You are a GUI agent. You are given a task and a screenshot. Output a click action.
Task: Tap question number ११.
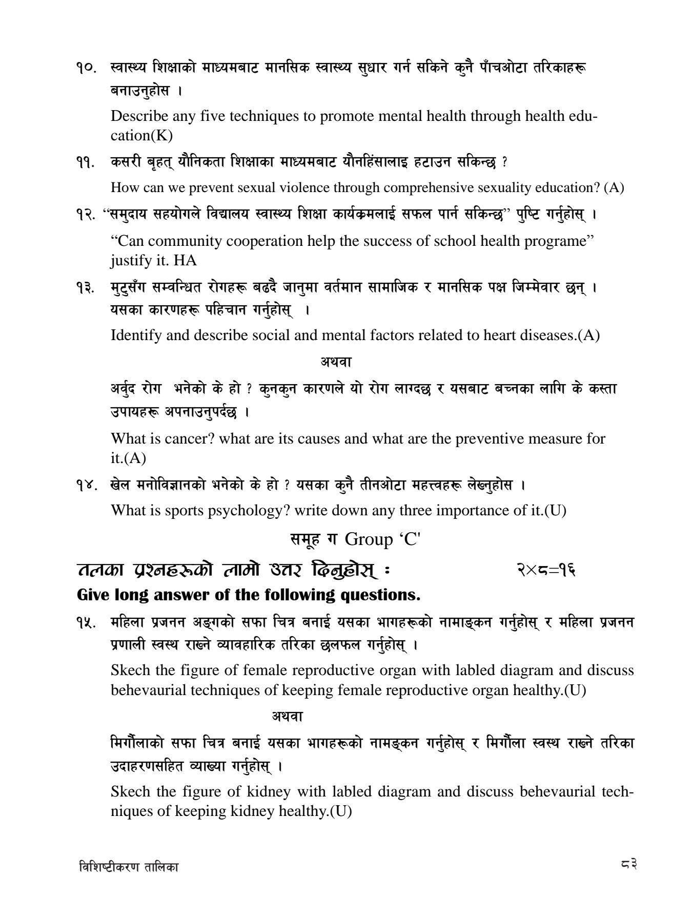point(85,162)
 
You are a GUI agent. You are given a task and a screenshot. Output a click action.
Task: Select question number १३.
point(86,287)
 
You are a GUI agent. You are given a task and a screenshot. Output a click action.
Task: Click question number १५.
point(86,623)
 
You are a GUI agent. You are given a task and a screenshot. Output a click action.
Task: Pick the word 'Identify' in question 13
point(135,336)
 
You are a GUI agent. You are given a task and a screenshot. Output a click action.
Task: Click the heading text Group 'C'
point(382,539)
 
